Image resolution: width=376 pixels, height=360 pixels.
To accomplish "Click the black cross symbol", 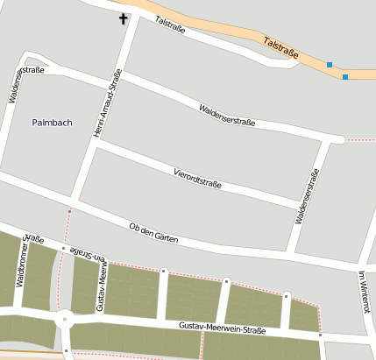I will coord(123,18).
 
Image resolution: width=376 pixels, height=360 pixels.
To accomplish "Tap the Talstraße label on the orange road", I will coord(281,48).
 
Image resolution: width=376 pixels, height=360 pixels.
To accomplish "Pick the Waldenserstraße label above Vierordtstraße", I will coord(227,116).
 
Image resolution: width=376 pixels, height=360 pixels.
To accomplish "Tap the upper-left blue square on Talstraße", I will coord(330,65).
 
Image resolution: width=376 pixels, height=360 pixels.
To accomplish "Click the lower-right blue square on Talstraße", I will coord(345,77).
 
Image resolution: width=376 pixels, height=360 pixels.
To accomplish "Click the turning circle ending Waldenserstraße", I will coord(338,138).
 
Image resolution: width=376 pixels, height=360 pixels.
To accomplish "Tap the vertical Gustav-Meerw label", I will coord(101,290).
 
